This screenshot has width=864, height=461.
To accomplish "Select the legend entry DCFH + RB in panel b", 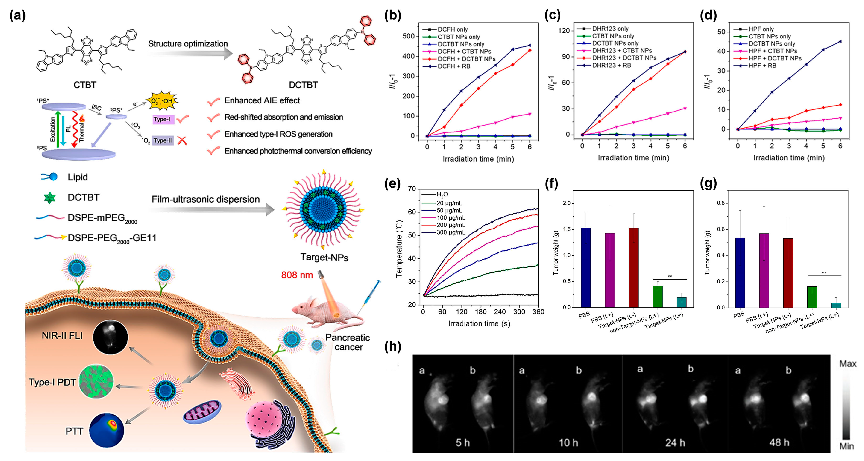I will point(453,66).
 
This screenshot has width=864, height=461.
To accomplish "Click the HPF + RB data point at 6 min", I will point(840,42).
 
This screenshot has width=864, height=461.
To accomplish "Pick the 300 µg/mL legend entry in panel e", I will point(451,232).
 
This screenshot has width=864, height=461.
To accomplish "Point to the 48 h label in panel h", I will point(779,442).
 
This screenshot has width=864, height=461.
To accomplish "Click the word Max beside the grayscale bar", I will point(848,364).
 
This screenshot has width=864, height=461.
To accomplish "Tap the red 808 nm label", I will point(297,275).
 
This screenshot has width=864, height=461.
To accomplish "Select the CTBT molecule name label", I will point(85,85).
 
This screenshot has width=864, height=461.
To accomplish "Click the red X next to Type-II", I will point(182,141).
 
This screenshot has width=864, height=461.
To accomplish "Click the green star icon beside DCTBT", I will point(50,197).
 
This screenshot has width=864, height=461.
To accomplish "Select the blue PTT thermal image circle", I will point(107,430).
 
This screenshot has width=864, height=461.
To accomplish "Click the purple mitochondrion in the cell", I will point(202,412).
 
